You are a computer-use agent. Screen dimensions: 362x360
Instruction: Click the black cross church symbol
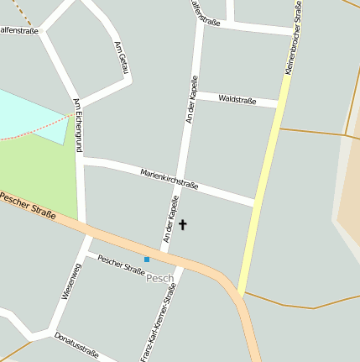click(x=183, y=224)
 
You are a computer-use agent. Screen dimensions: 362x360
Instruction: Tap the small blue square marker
click(x=147, y=260)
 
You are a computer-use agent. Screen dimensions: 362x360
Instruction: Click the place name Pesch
click(x=159, y=278)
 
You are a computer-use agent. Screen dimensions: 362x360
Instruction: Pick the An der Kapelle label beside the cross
click(x=171, y=220)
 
